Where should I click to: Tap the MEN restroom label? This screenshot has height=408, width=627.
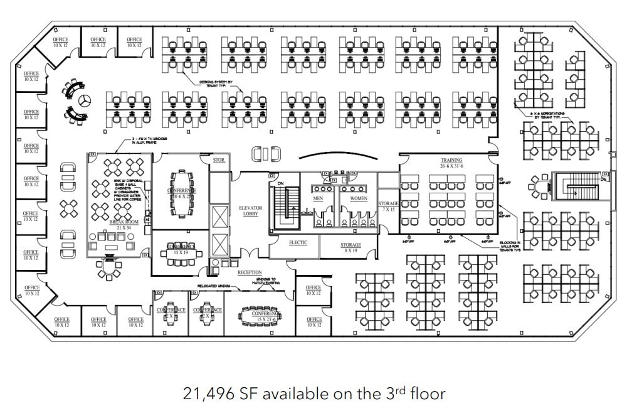(318, 198)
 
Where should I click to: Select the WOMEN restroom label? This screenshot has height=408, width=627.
(358, 198)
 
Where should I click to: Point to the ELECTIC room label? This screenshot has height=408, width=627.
(298, 242)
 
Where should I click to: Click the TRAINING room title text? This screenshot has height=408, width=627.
(451, 161)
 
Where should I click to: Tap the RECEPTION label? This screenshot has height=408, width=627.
(249, 272)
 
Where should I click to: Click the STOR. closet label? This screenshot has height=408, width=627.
(219, 161)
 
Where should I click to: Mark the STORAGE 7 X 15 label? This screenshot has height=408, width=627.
(388, 207)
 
